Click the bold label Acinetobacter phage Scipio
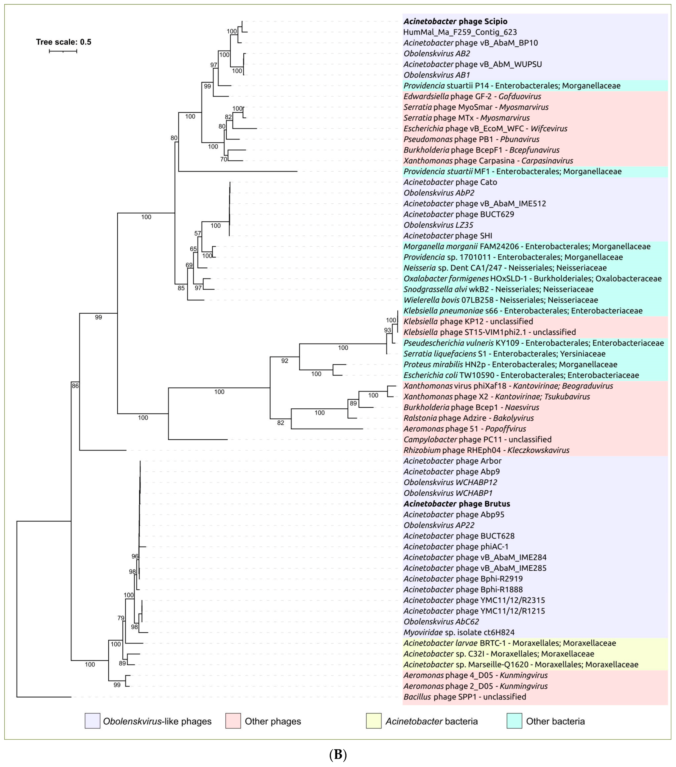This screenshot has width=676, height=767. coord(455,21)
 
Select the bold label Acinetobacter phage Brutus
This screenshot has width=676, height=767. coord(457,504)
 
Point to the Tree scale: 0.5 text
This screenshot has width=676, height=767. coord(63,42)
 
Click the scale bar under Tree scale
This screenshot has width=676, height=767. coord(63,51)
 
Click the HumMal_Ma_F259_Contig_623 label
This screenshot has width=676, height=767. coord(460,32)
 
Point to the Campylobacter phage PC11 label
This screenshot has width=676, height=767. coord(477,439)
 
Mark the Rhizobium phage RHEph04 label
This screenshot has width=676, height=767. coord(486,450)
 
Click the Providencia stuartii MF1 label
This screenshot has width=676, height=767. coord(512,171)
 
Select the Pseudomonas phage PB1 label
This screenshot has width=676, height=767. coord(471,139)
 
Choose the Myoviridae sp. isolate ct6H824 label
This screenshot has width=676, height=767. coord(459,632)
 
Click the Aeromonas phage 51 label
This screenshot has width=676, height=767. coord(464,429)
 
